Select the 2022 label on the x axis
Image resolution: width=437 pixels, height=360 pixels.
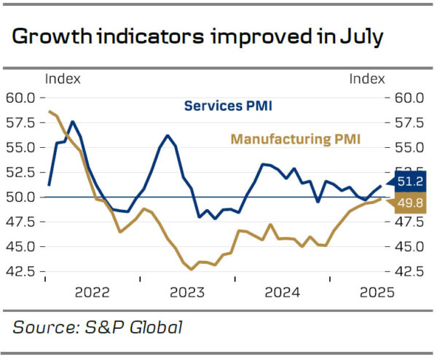[92, 293]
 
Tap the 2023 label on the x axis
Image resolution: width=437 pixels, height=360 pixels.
[186, 293]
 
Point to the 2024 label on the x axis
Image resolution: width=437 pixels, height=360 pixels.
[281, 293]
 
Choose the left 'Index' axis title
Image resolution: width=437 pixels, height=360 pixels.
[63, 79]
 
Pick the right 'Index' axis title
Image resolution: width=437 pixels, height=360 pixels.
[368, 79]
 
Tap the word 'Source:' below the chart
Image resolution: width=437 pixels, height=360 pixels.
[44, 327]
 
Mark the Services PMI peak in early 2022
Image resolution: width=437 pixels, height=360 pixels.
[71, 121]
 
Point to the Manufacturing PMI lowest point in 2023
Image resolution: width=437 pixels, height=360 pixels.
[192, 270]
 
